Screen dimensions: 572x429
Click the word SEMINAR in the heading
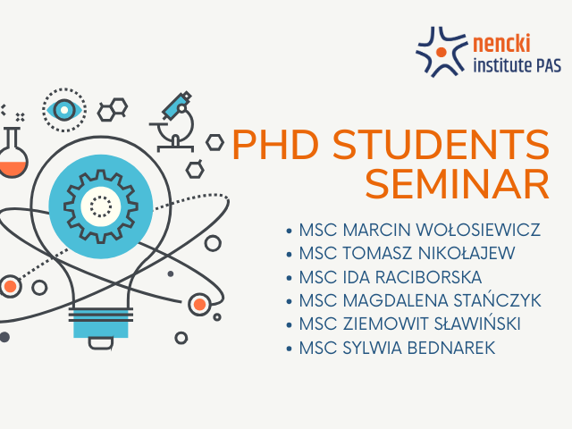pos(458,184)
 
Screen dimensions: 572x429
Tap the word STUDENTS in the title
pos(441,145)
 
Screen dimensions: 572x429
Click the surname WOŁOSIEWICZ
pos(478,230)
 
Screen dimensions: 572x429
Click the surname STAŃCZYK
pos(497,300)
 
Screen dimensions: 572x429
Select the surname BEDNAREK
pos(451,348)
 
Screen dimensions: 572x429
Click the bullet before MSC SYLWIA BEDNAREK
pos(290,349)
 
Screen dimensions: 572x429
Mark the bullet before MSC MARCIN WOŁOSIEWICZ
pos(290,231)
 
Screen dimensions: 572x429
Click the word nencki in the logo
pos(501,44)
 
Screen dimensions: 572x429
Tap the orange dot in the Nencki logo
pos(441,52)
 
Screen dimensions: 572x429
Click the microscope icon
pos(172,122)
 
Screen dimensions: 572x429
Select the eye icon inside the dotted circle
pos(64,110)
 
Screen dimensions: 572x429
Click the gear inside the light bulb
pos(101,206)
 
